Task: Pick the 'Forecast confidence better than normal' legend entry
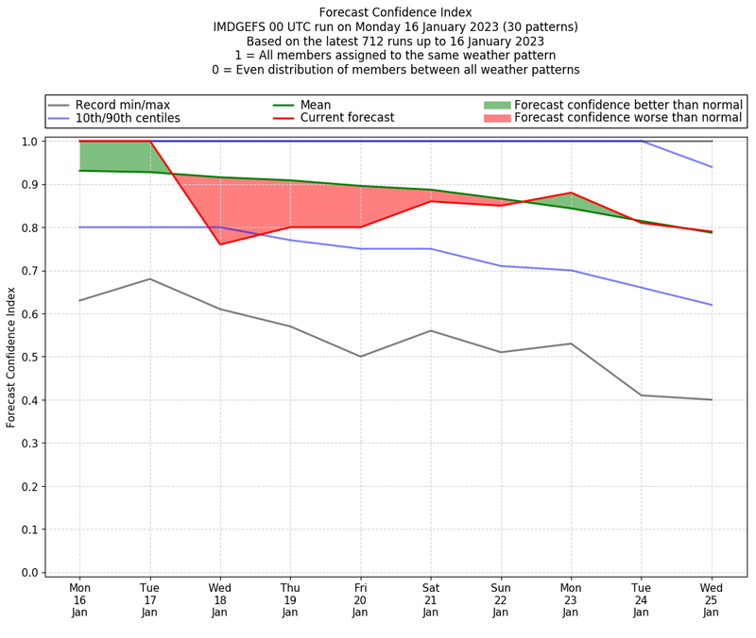628,104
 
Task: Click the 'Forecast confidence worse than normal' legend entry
628,118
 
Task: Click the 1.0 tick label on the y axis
29,142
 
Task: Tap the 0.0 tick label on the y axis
29,572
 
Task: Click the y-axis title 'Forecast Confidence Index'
11,357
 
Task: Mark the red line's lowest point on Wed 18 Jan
220,244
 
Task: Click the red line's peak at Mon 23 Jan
571,193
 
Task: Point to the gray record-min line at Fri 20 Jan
360,357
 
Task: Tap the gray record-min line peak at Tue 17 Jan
149,278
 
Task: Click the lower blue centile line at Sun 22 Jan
501,266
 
